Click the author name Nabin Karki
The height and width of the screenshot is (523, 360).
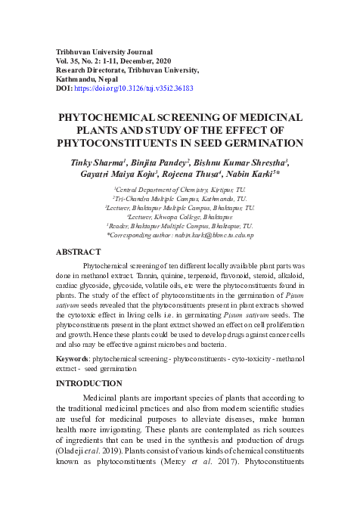[x=265, y=175]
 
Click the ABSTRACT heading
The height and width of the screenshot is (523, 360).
[x=79, y=252]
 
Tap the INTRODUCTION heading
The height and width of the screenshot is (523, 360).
[x=89, y=383]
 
